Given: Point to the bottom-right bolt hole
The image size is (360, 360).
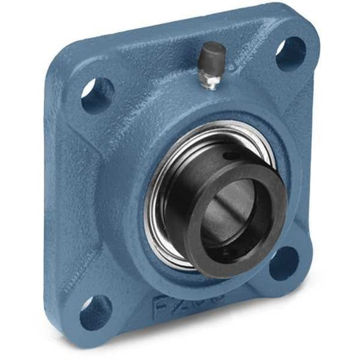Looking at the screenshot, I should pos(283,263).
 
